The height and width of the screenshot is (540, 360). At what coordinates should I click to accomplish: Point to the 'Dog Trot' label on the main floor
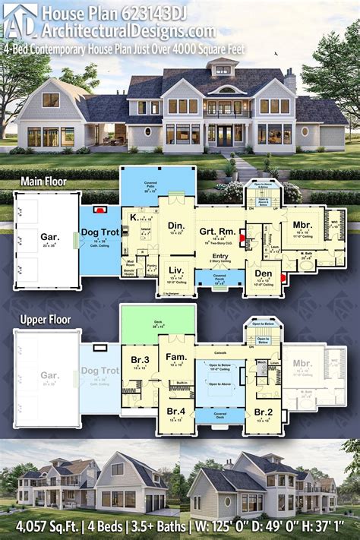coord(101,233)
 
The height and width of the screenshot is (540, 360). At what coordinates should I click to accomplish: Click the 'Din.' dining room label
coord(176,226)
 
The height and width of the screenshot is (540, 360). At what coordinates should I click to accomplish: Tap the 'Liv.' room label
coord(175,270)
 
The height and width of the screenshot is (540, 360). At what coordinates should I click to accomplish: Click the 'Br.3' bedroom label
coord(139,359)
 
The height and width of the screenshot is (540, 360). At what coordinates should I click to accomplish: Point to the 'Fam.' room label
coord(176,356)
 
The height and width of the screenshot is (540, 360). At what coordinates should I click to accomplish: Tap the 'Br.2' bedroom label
coord(263,412)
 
